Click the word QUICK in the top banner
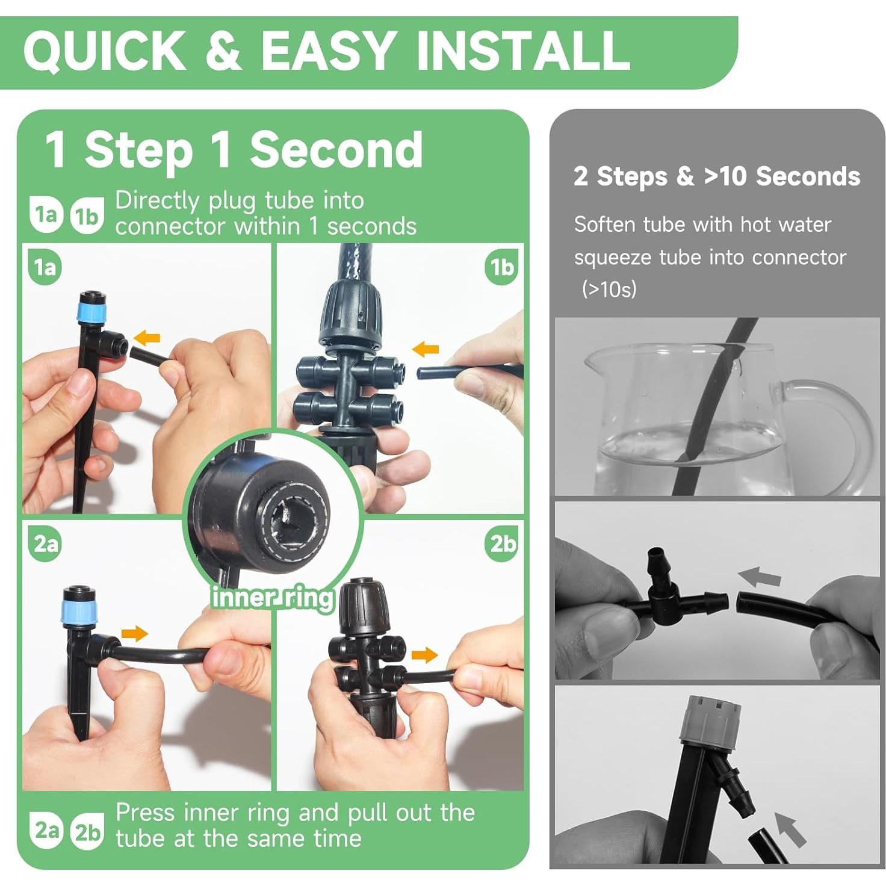click(x=104, y=51)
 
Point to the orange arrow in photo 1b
click(x=426, y=350)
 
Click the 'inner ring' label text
click(x=271, y=598)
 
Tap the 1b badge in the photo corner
click(x=501, y=267)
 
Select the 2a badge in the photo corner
click(x=46, y=544)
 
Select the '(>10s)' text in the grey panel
click(x=610, y=290)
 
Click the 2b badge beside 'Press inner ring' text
click(x=87, y=832)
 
